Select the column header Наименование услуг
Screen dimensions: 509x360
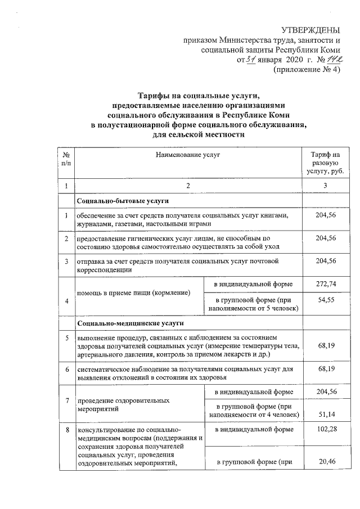click(x=188, y=153)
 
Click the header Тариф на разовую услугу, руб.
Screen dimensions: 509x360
click(x=322, y=162)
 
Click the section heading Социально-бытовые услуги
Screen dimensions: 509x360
click(x=123, y=201)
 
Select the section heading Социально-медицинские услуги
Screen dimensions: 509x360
click(x=130, y=325)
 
